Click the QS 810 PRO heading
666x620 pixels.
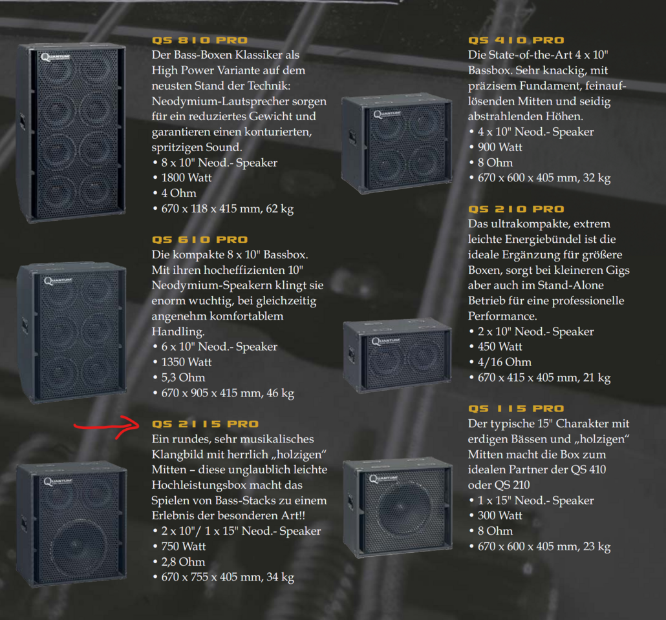point(200,40)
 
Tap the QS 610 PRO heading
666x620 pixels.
point(200,240)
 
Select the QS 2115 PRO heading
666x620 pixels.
point(205,424)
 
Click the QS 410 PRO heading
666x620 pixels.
point(516,40)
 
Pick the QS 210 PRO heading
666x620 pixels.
point(516,209)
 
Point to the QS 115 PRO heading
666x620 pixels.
point(516,409)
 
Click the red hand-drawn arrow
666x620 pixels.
point(106,426)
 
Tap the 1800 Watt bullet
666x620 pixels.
point(186,178)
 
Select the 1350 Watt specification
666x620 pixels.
point(186,362)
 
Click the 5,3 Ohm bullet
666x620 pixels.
point(183,378)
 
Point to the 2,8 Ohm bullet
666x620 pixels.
point(183,562)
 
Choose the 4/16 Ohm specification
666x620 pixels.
point(504,362)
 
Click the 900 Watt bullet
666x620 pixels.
point(500,147)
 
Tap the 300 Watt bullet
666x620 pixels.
point(500,515)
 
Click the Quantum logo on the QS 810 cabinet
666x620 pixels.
point(55,57)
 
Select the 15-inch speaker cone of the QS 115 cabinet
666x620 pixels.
point(400,507)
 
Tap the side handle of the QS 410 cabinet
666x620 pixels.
point(352,137)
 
